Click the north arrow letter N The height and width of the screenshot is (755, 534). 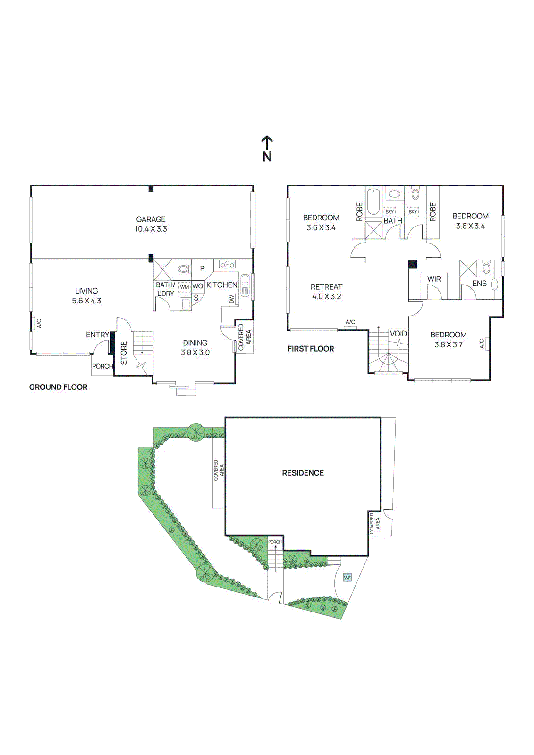(267, 157)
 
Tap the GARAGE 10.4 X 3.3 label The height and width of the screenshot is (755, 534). (151, 224)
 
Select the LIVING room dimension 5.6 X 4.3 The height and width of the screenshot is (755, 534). (86, 301)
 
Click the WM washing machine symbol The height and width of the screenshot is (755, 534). (184, 287)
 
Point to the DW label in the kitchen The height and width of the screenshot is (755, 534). (231, 300)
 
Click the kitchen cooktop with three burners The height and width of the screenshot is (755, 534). (227, 264)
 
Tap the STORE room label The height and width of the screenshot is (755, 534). (124, 353)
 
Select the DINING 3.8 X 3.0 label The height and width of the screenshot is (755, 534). (195, 348)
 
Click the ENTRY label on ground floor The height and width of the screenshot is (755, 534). (97, 335)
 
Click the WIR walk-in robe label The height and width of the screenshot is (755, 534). (434, 279)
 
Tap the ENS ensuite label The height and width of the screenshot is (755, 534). (479, 284)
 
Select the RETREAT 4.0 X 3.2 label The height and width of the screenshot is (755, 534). (326, 292)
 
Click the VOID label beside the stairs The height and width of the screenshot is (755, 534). (398, 334)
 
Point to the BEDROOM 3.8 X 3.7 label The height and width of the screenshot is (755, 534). (448, 340)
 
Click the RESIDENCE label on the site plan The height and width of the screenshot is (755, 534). (303, 473)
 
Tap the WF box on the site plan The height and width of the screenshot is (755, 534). (348, 578)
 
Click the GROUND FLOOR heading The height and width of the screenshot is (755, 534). (58, 387)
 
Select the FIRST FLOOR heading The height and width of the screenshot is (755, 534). (311, 349)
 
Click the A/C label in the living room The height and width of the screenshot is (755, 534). (39, 323)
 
